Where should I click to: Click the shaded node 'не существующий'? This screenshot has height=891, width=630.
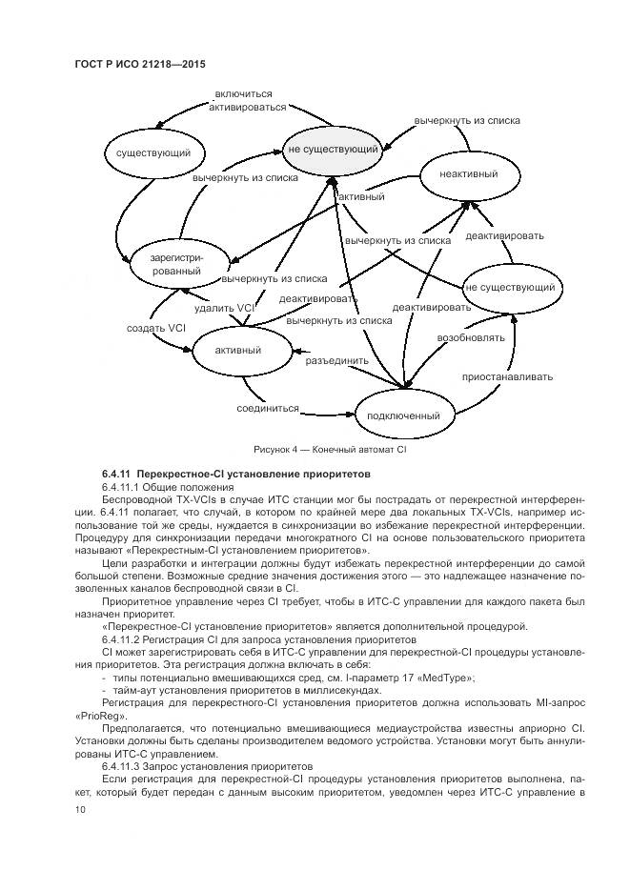click(334, 149)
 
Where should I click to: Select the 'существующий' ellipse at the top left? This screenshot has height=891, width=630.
click(147, 152)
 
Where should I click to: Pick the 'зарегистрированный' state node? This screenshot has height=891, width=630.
click(175, 264)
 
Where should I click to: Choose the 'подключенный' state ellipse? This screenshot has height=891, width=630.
click(404, 415)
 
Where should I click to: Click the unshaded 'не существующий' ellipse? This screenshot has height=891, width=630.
click(511, 287)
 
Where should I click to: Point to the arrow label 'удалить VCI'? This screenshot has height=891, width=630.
click(225, 308)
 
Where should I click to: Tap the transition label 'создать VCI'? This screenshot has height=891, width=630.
click(156, 328)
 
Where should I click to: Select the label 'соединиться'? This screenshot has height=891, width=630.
click(268, 408)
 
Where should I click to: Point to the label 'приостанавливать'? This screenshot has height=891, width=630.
click(508, 376)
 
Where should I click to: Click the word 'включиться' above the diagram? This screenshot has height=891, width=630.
click(244, 94)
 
